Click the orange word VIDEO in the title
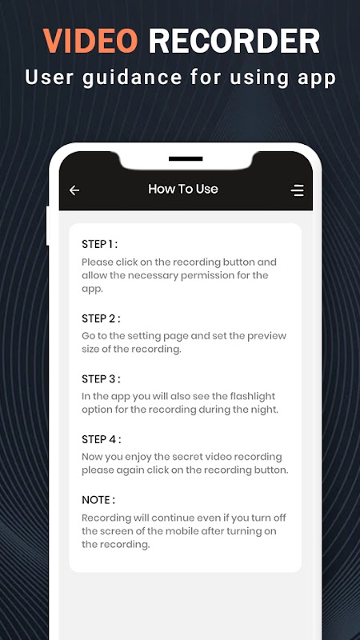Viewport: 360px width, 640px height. coord(90,41)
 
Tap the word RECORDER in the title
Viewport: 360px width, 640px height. coord(234,41)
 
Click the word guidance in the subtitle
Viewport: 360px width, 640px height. coord(131,78)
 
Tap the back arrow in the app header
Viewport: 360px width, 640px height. coord(74,190)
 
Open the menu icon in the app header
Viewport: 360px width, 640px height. coord(297,190)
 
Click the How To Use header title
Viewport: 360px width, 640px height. coord(183,189)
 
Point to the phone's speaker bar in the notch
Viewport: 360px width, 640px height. coord(186,158)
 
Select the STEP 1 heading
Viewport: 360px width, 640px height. coord(99,245)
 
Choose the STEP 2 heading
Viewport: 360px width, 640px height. coord(101,318)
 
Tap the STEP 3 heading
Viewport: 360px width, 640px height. coord(101,379)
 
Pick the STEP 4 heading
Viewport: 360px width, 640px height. coord(102,439)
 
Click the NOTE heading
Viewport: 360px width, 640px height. coord(98,500)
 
